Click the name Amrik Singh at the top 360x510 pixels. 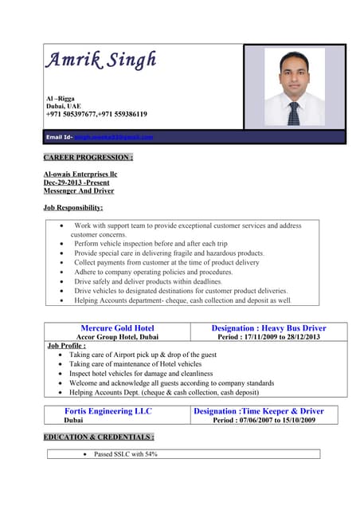point(100,61)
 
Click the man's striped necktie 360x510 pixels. point(294,113)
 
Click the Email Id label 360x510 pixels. point(61,137)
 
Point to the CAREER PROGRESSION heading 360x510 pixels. point(88,158)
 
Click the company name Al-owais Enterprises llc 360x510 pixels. point(80,173)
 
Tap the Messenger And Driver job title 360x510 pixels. point(78,190)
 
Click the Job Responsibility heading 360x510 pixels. point(73,208)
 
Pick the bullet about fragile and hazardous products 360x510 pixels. point(169,253)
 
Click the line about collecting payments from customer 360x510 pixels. point(166,262)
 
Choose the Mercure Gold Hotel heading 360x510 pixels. point(117,328)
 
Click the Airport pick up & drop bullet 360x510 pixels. point(143,355)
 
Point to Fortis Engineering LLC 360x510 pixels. point(108,411)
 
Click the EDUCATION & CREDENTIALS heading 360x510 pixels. point(99,437)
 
